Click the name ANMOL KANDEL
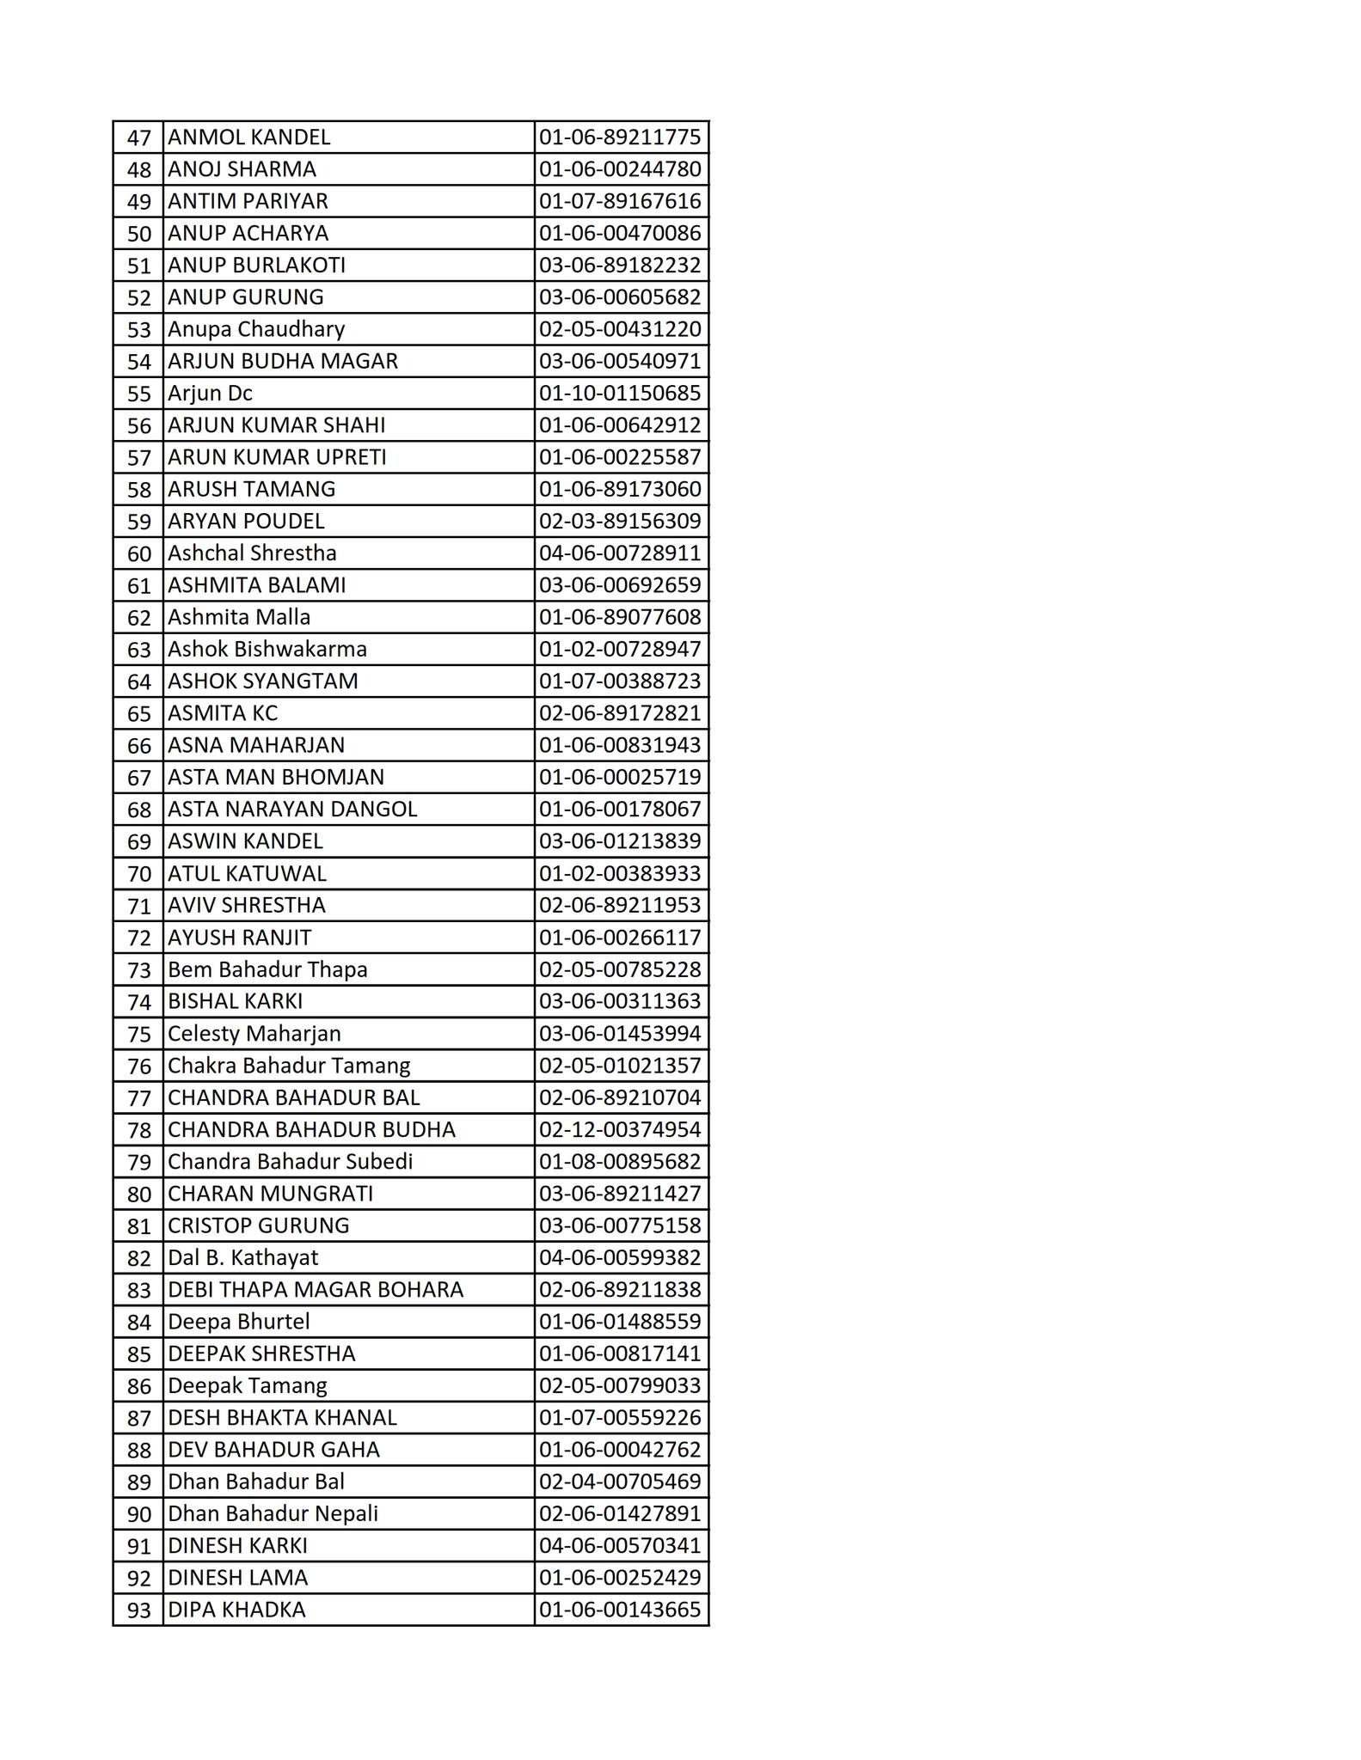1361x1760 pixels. tap(248, 137)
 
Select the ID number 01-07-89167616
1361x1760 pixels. tap(620, 201)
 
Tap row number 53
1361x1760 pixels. tap(138, 330)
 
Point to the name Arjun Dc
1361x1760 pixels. tap(210, 394)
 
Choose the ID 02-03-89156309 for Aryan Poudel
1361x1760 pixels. tap(620, 522)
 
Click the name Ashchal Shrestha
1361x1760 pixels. tap(252, 553)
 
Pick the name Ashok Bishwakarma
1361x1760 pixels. tap(267, 650)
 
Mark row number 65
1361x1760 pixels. tap(138, 714)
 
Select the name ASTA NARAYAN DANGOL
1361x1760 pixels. tap(292, 810)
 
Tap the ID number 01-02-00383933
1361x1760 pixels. tap(620, 874)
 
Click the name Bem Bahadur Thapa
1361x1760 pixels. tap(267, 970)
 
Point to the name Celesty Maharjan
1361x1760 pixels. tap(254, 1034)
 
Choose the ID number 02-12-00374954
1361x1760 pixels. tap(620, 1130)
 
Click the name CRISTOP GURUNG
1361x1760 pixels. tap(258, 1226)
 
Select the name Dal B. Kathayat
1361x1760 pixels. tap(242, 1258)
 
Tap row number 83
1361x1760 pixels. tap(138, 1291)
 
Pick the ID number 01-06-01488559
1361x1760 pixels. tap(620, 1322)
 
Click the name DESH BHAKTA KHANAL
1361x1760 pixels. tap(282, 1418)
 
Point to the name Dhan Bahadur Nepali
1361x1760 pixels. tap(273, 1514)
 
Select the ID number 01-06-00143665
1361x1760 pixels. tap(620, 1610)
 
